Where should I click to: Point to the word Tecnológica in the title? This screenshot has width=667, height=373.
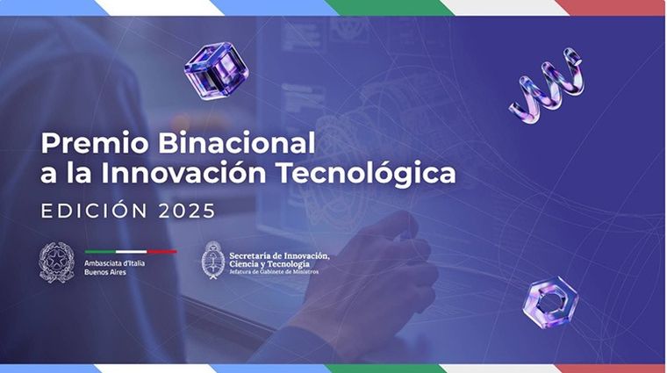tap(372, 173)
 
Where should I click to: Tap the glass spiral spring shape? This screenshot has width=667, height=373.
tap(546, 85)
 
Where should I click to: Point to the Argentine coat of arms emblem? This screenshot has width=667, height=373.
tap(212, 260)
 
